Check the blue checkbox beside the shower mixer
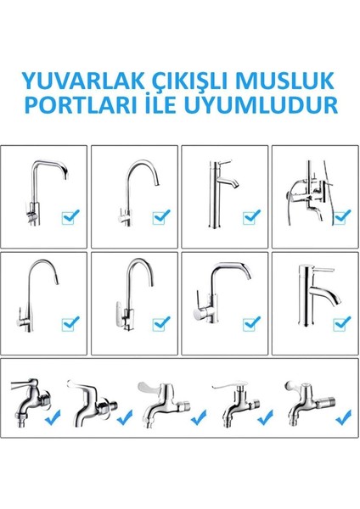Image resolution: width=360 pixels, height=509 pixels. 340,218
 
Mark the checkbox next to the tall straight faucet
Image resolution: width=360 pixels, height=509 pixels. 250,218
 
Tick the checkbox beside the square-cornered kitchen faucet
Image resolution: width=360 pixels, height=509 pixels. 70,218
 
